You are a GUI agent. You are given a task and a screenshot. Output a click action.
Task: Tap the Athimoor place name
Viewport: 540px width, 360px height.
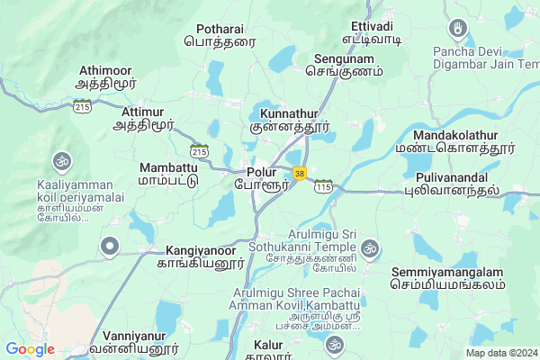pyautogui.click(x=107, y=69)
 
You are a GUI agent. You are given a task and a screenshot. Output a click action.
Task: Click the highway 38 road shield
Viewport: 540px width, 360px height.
pyautogui.click(x=299, y=172)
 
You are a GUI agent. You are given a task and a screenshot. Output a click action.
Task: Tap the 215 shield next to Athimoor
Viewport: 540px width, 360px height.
pyautogui.click(x=83, y=106)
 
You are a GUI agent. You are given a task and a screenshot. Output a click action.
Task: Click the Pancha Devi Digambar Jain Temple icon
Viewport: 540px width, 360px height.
pyautogui.click(x=458, y=31)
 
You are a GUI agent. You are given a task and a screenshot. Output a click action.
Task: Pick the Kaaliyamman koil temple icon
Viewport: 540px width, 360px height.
pyautogui.click(x=62, y=162)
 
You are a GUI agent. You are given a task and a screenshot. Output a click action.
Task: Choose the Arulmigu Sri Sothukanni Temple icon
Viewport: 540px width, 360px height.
pyautogui.click(x=369, y=247)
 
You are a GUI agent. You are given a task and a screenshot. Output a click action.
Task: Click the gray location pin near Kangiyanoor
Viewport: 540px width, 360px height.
pyautogui.click(x=111, y=245)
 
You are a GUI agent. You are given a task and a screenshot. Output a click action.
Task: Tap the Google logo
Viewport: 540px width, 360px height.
pyautogui.click(x=31, y=349)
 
